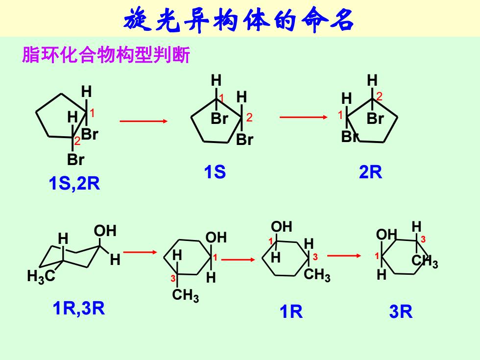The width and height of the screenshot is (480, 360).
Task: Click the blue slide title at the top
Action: (x=239, y=20)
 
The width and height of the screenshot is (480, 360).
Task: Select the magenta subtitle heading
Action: (x=106, y=55)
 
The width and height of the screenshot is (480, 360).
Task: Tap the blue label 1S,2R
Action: (x=74, y=184)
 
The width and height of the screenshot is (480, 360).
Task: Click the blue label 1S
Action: (x=215, y=172)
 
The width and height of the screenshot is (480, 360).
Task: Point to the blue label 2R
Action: (x=370, y=172)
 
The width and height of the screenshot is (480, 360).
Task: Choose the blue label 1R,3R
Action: (x=79, y=308)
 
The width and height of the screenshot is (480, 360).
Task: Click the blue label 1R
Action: (x=291, y=312)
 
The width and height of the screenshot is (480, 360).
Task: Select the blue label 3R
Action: (x=401, y=312)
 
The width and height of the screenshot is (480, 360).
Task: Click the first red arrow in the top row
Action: (x=144, y=121)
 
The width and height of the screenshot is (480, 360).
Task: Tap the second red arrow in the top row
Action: (x=303, y=117)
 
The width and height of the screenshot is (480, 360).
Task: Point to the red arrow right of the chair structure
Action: (x=140, y=252)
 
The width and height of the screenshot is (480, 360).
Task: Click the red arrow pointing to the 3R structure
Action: (x=344, y=256)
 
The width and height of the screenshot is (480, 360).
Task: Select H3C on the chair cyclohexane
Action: (x=41, y=276)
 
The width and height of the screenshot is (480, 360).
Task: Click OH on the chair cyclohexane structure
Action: (x=105, y=231)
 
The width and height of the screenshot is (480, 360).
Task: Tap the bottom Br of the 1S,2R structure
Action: (x=75, y=160)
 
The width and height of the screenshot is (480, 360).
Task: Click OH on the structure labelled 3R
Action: (x=386, y=235)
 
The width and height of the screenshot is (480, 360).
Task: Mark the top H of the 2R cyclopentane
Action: (x=372, y=80)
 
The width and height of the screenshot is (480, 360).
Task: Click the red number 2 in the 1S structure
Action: (x=249, y=117)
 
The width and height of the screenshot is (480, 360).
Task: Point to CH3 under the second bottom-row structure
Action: (x=185, y=295)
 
